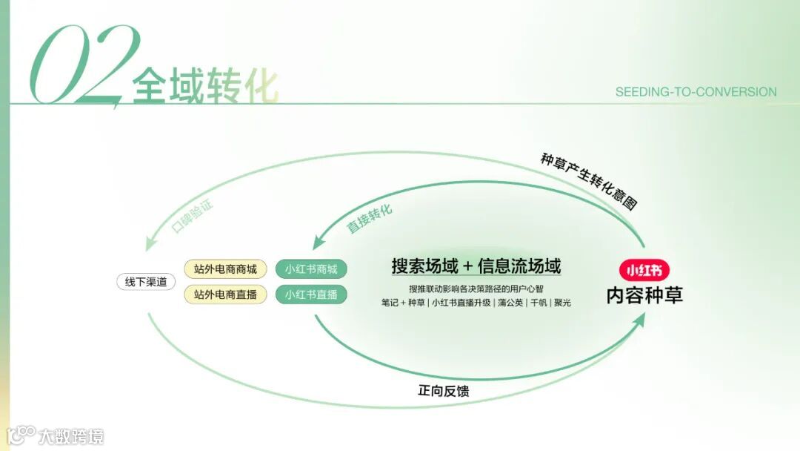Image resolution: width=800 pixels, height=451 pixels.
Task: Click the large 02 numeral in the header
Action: (81, 65)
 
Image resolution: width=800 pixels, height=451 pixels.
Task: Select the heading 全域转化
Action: (205, 88)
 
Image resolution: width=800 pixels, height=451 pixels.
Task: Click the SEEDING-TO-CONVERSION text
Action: (696, 92)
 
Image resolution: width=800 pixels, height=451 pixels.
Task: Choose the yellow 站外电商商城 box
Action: (225, 269)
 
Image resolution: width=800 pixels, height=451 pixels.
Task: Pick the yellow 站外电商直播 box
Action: (225, 294)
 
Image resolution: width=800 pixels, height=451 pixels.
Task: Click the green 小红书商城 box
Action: (310, 269)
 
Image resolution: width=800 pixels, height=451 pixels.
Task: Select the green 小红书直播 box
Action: (310, 294)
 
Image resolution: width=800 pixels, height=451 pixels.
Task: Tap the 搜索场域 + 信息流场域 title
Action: (476, 266)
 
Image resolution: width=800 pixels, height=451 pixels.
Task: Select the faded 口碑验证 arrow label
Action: (192, 216)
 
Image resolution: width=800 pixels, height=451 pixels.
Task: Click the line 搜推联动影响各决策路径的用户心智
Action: (476, 289)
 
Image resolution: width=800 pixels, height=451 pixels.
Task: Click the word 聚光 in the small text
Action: (561, 303)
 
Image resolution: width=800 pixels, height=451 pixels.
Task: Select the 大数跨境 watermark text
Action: (72, 435)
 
